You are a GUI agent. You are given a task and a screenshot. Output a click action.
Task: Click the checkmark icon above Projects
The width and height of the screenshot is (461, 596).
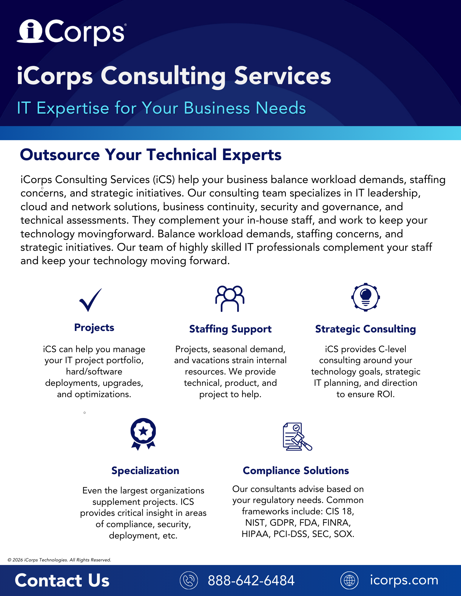pos(91,300)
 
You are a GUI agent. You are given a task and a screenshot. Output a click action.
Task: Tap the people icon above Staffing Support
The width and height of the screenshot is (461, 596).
pos(230,298)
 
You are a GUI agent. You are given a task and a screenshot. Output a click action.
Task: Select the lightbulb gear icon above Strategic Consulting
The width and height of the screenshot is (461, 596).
pos(366,297)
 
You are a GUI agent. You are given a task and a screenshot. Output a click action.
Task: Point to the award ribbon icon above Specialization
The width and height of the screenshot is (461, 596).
pos(143,434)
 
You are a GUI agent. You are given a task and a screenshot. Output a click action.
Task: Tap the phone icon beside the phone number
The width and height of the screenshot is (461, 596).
pos(189,580)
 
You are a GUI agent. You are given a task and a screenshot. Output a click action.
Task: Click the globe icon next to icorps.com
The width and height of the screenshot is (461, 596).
pos(349,580)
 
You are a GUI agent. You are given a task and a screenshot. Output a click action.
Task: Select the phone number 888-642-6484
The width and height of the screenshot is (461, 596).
pos(251,580)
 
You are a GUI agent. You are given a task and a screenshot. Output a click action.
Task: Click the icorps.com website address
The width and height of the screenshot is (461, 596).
pos(404,580)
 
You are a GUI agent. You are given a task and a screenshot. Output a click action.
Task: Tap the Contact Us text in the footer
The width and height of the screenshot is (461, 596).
pos(62,580)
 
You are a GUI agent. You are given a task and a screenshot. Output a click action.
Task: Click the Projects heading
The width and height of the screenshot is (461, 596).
pos(94,327)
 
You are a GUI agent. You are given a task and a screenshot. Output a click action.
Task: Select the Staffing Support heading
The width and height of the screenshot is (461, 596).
pos(230,329)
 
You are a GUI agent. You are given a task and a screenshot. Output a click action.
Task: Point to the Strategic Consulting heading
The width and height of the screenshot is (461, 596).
pos(366,329)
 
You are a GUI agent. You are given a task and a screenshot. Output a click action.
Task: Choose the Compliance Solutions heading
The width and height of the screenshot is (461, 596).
pos(296,470)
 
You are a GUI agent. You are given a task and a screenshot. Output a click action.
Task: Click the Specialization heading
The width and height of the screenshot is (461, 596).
pos(145,470)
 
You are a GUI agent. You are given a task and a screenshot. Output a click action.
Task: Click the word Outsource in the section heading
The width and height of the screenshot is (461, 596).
pos(60,155)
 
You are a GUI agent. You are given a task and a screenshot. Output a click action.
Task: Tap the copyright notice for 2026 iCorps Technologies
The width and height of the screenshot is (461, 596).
pos(59,560)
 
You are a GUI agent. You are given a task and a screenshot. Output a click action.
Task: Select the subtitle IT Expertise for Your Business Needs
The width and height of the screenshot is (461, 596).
pos(161,108)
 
